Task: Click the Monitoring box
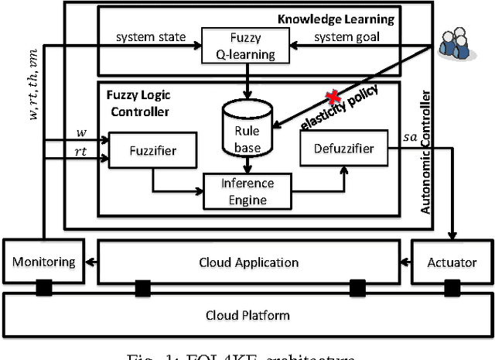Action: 43,262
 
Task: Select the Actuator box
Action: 452,262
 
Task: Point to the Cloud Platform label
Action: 247,315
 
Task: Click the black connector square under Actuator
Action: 451,290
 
